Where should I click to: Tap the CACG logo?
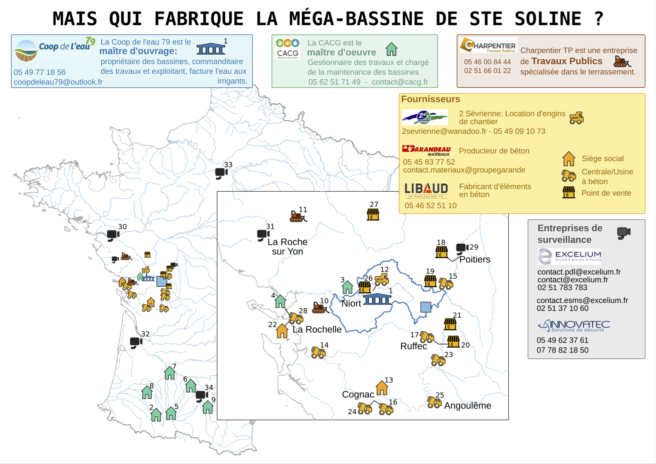pos(287,49)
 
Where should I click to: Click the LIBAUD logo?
pos(426,190)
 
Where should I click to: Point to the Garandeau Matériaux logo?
pos(426,150)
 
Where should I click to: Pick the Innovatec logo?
pos(574,326)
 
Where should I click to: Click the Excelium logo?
pos(569,256)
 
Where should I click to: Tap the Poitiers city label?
pos(475,259)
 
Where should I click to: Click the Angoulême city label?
pos(467,406)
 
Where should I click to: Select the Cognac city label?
pos(358,394)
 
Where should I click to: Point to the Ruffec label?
pos(414,346)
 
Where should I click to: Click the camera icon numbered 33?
pos(221,173)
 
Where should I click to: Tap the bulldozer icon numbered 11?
pos(298,216)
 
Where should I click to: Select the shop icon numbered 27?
pos(373,214)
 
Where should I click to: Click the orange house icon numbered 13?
pos(382,388)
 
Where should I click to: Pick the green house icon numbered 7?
pos(170,373)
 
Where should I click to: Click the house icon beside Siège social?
pos(568,159)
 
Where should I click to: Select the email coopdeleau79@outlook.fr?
pos(58,82)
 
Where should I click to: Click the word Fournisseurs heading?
pos(430,99)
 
